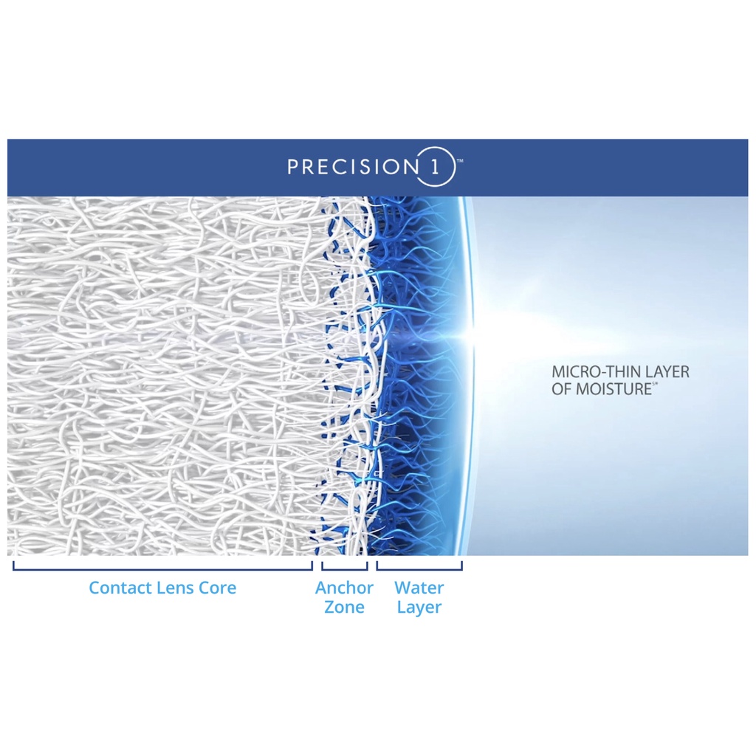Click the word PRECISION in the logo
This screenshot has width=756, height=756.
coord(353,167)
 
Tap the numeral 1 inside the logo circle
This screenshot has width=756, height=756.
coord(435,167)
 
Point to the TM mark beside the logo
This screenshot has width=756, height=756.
coord(459,161)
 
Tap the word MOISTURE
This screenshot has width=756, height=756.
coord(614,389)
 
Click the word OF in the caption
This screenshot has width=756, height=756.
coord(562,389)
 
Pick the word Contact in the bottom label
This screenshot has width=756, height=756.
coord(118,588)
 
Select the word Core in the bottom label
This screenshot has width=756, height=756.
coord(218,588)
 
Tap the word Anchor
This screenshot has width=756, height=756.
coord(344,588)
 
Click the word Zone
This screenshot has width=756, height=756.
coord(344,607)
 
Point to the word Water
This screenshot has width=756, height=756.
coord(419,588)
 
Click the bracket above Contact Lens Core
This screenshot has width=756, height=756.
coord(162,569)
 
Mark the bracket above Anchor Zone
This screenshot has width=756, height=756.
coord(344,569)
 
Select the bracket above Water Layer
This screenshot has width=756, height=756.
coord(419,569)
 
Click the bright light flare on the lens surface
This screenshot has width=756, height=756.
coord(470,333)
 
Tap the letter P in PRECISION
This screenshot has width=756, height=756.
coord(293,167)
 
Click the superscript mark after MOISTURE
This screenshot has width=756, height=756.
coord(655,384)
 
